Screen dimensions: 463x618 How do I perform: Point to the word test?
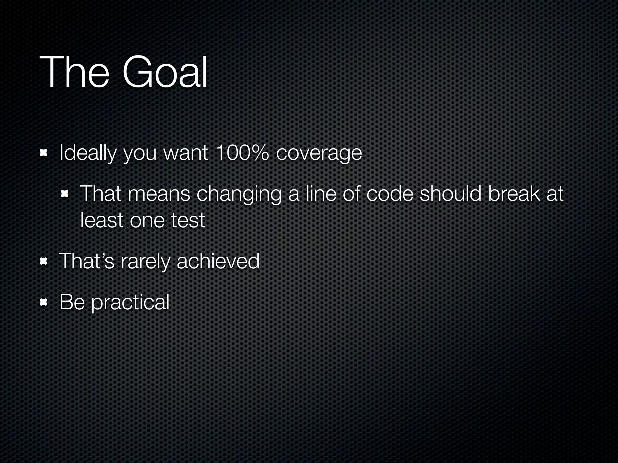pyautogui.click(x=188, y=220)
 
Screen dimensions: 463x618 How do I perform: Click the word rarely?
pyautogui.click(x=145, y=261)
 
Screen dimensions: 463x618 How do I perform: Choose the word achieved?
pyautogui.click(x=218, y=261)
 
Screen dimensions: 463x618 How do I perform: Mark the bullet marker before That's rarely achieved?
pyautogui.click(x=44, y=261)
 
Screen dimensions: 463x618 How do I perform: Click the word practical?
pyautogui.click(x=130, y=302)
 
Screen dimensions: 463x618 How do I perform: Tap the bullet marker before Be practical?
pyautogui.click(x=44, y=302)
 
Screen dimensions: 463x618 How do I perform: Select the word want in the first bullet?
pyautogui.click(x=186, y=153)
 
